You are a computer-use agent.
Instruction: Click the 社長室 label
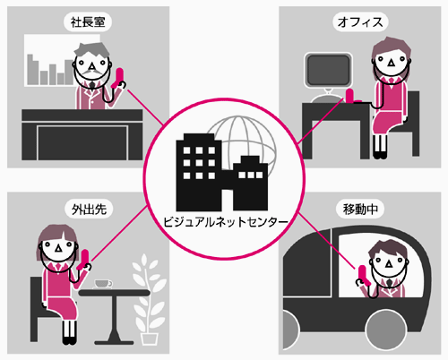pyautogui.click(x=88, y=22)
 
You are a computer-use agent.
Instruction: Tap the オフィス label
pyautogui.click(x=360, y=22)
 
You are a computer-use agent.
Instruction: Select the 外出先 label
pyautogui.click(x=89, y=210)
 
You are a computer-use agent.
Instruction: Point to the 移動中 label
pyautogui.click(x=360, y=210)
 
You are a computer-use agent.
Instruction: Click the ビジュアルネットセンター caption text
pyautogui.click(x=226, y=222)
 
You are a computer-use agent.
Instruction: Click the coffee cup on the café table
pyautogui.click(x=103, y=284)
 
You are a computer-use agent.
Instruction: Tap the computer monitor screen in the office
pyautogui.click(x=328, y=70)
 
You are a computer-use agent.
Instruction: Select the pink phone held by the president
pyautogui.click(x=117, y=78)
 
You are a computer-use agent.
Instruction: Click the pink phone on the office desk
pyautogui.click(x=350, y=96)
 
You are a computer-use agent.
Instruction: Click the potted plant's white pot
pyautogui.click(x=150, y=339)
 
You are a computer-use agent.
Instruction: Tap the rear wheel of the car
pyautogui.click(x=385, y=330)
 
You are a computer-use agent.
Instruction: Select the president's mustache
pyautogui.click(x=91, y=73)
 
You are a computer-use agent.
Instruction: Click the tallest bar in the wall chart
pyautogui.click(x=30, y=70)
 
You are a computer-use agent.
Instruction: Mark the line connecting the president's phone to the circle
pyautogui.click(x=145, y=107)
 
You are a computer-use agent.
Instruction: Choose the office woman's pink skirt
pyautogui.click(x=387, y=123)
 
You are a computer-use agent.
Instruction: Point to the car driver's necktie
pyautogui.click(x=389, y=283)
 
